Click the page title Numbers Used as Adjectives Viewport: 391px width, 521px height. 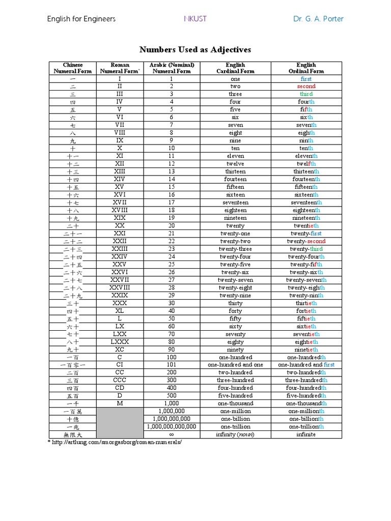[x=195, y=49]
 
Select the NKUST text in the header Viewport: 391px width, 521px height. [x=195, y=19]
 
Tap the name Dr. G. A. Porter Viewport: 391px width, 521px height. [x=318, y=19]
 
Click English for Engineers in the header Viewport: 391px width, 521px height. [x=81, y=19]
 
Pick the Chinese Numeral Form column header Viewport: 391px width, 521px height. [x=73, y=68]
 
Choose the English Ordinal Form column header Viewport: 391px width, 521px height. [x=306, y=68]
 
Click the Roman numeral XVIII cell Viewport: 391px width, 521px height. [x=120, y=210]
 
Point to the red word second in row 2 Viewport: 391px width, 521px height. [x=306, y=86]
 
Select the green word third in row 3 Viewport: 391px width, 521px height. [x=306, y=94]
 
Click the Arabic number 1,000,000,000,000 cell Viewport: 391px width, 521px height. [x=171, y=427]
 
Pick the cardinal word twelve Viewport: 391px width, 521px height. [x=235, y=164]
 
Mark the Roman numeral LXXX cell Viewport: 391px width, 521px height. [x=120, y=342]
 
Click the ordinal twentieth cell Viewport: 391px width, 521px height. [x=306, y=226]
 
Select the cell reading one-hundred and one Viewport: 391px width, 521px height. [x=235, y=365]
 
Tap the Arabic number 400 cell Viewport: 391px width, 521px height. [x=171, y=388]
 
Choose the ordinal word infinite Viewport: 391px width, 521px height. [x=306, y=435]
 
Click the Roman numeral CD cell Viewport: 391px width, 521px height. [x=120, y=388]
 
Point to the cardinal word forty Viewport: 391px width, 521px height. [x=235, y=311]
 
